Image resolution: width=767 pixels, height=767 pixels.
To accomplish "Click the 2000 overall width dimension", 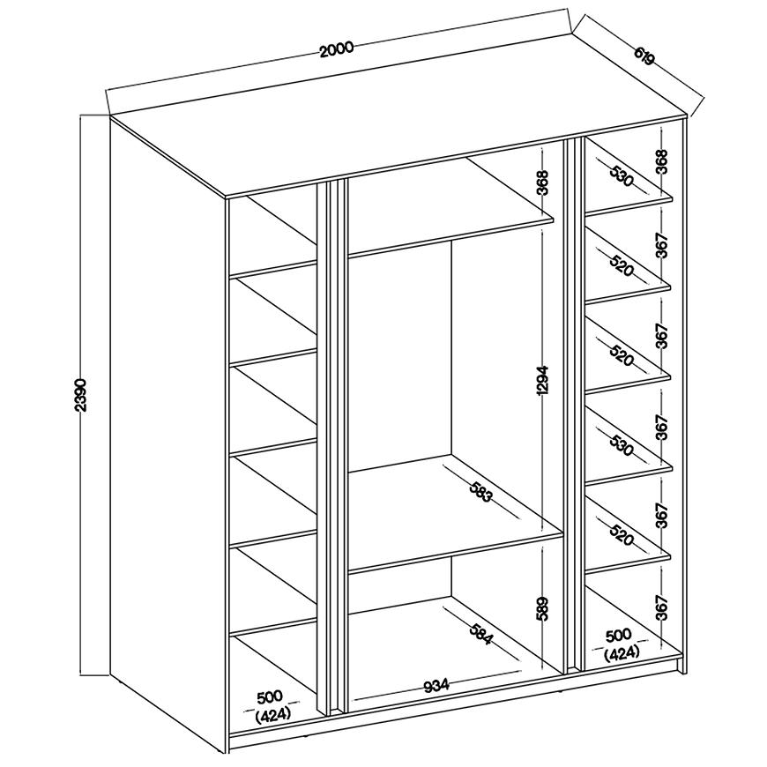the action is (x=336, y=48).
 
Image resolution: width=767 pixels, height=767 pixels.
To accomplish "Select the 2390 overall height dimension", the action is (x=82, y=395).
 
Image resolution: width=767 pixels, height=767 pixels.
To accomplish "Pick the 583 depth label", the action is (x=480, y=492).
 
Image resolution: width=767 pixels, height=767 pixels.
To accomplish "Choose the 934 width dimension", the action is (x=436, y=685).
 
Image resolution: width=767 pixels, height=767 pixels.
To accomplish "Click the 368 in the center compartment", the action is (x=543, y=182).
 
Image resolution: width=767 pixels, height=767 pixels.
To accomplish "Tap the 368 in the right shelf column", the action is (x=661, y=161).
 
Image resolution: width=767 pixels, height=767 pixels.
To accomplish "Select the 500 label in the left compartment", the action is (x=270, y=696).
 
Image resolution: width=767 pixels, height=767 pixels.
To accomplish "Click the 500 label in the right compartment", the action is (x=619, y=636).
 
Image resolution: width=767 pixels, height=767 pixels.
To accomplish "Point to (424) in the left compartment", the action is (x=273, y=715).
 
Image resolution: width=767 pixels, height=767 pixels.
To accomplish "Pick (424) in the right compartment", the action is (x=622, y=653).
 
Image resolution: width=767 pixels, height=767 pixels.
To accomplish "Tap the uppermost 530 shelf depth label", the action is (x=622, y=176).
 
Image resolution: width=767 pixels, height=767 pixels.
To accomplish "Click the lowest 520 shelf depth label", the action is (x=622, y=534).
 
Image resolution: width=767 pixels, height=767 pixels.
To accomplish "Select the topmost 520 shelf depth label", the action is (x=622, y=265).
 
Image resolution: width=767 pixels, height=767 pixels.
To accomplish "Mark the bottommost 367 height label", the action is (x=661, y=607).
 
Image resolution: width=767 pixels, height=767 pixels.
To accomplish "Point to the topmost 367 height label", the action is (x=661, y=245).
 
